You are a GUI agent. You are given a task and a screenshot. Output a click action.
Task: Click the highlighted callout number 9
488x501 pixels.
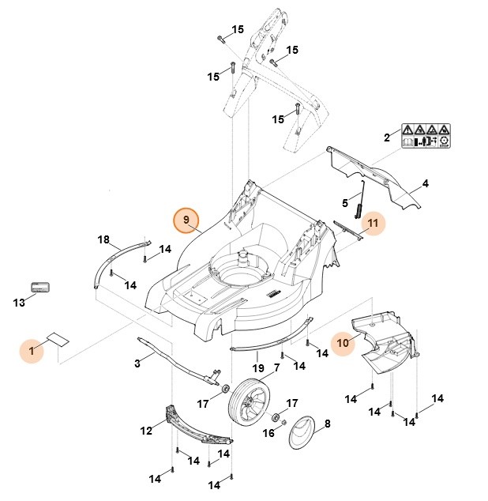(186, 220)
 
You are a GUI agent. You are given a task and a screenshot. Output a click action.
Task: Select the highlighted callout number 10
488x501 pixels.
(343, 343)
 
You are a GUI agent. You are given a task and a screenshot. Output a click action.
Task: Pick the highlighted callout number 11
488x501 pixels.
(374, 224)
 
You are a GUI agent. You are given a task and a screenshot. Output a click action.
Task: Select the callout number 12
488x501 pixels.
(145, 431)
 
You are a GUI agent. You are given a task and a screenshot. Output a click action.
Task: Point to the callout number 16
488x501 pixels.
(268, 433)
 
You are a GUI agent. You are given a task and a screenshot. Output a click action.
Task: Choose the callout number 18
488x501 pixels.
(103, 239)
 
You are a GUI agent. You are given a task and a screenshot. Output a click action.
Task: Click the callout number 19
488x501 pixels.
(257, 368)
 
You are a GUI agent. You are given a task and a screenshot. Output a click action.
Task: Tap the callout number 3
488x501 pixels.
(137, 364)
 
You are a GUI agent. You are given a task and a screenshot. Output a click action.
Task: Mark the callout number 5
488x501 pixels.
(345, 203)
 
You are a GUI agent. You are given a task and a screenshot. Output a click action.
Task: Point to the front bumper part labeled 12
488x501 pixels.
(197, 424)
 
